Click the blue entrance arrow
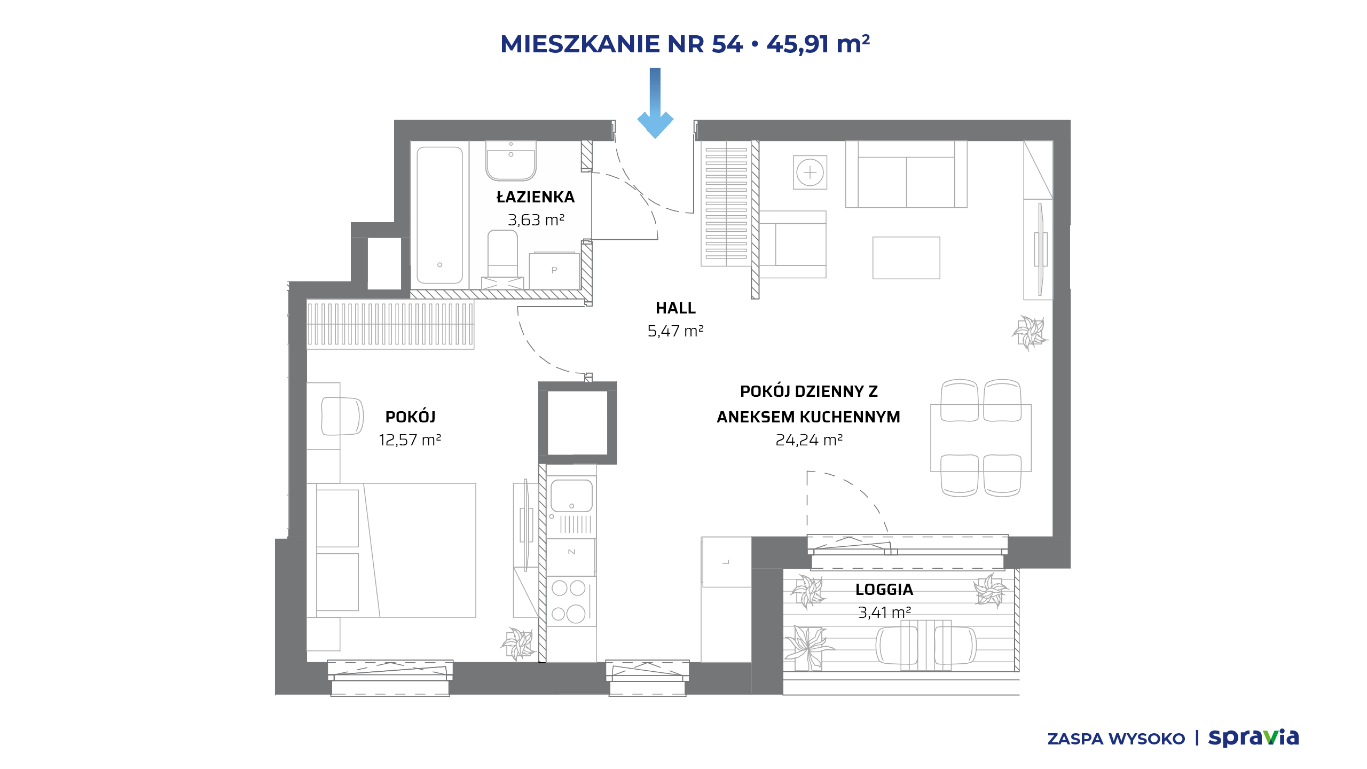tap(655, 103)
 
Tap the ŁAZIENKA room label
tap(536, 197)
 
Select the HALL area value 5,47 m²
tap(675, 331)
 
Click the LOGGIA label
tap(884, 590)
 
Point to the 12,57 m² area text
tap(410, 440)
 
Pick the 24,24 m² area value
tap(809, 440)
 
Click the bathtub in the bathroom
tap(439, 215)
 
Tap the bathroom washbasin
tap(510, 161)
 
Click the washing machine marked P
tap(554, 271)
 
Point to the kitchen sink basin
tap(571, 496)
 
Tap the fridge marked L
tap(726, 562)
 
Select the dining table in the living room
tap(981, 438)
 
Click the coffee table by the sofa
tap(906, 258)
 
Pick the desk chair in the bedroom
tap(342, 416)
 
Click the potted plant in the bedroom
tap(517, 644)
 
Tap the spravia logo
tap(1253, 737)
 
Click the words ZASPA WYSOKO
tap(1116, 739)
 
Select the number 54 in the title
tap(727, 44)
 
